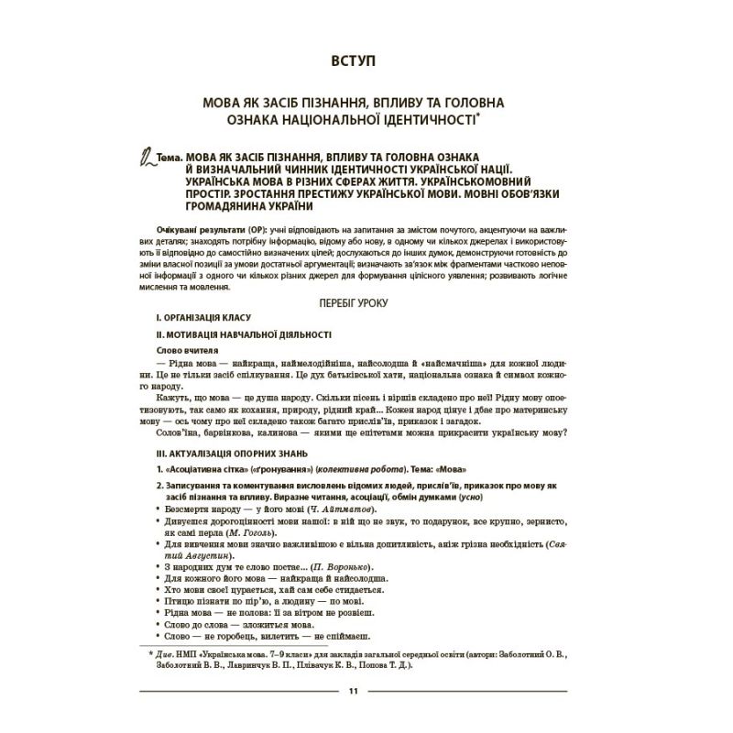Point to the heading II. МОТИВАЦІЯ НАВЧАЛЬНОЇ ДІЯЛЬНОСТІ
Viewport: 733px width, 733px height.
coord(244,334)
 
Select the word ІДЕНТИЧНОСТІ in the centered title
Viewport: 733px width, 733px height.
coord(425,121)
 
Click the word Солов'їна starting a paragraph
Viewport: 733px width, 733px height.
coord(181,434)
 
